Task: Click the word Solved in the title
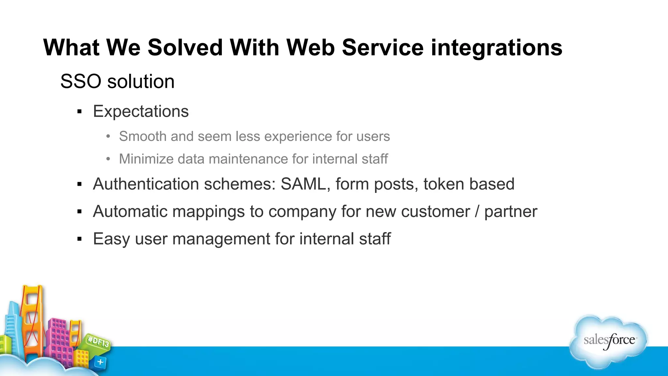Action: click(x=185, y=48)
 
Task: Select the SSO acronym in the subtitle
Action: click(x=81, y=81)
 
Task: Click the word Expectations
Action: click(x=141, y=111)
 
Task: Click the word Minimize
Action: click(x=146, y=159)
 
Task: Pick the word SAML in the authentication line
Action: click(x=303, y=184)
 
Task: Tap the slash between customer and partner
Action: click(x=477, y=211)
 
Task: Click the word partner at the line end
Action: click(x=510, y=212)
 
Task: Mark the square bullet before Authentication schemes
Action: click(x=80, y=184)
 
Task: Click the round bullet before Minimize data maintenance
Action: click(x=109, y=159)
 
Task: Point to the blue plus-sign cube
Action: click(x=100, y=362)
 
